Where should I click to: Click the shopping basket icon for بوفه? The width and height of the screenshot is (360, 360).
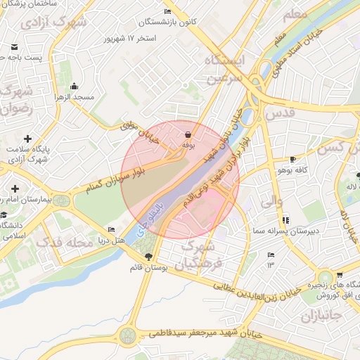tap(188, 134)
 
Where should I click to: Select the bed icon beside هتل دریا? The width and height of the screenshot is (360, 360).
tap(111, 230)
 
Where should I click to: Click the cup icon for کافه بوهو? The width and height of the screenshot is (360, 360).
tap(292, 160)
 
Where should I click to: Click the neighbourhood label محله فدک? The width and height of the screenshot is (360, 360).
tap(64, 243)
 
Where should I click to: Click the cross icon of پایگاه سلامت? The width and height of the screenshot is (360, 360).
tap(27, 139)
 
